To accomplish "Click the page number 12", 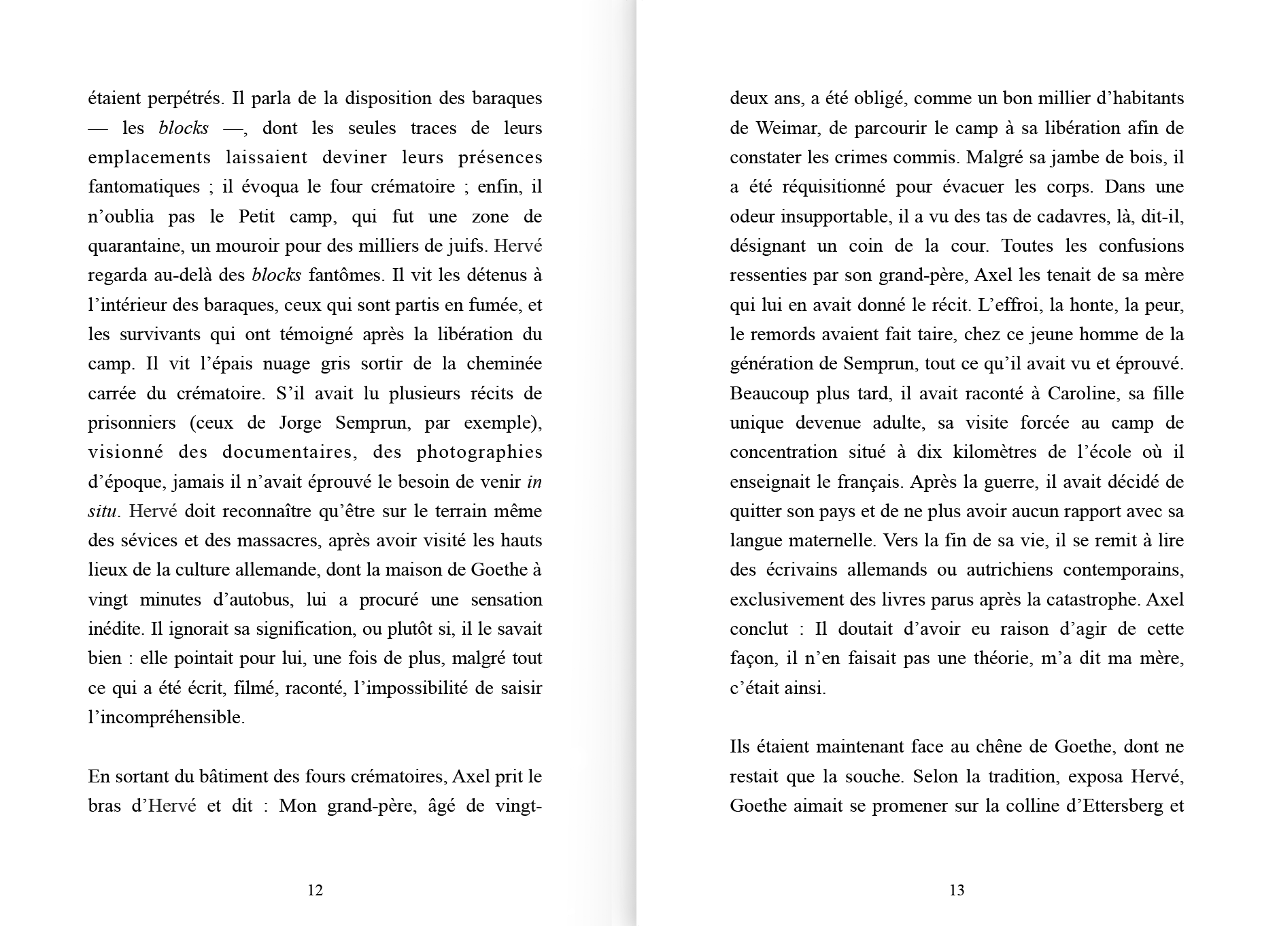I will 315,890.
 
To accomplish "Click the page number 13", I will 957,890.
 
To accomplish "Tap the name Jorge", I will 300,423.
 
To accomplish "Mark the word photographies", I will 479,452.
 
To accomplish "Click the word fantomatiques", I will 144,187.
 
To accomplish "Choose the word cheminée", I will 504,363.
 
